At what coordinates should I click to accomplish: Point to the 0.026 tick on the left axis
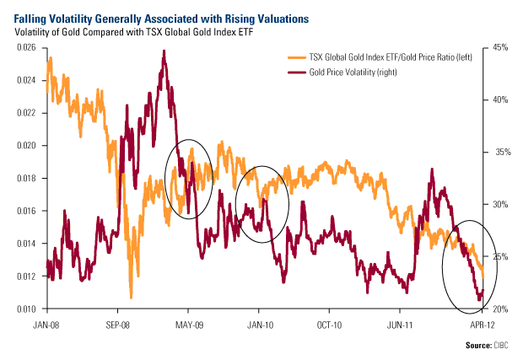(x=27, y=47)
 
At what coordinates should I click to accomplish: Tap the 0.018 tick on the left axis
(x=27, y=178)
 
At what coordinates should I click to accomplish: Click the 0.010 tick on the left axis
(x=27, y=309)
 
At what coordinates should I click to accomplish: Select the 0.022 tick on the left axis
(x=27, y=113)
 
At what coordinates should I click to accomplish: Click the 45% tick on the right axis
(x=499, y=47)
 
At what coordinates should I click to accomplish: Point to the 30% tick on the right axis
(x=499, y=204)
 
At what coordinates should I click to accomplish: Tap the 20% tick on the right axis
(x=499, y=309)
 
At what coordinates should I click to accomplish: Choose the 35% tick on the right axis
(x=499, y=152)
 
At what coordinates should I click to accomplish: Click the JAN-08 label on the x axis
(x=46, y=322)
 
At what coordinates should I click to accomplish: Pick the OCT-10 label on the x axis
(x=328, y=322)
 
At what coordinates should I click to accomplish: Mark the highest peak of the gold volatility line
(x=163, y=51)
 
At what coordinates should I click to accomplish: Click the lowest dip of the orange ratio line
(x=131, y=298)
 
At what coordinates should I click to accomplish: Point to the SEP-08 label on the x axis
(x=117, y=322)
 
